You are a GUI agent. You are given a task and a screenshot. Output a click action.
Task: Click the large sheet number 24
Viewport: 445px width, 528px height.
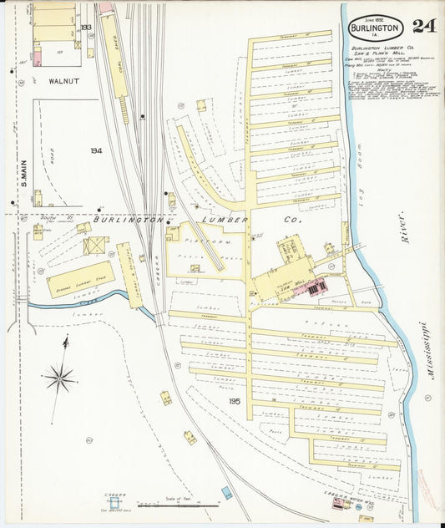(x=422, y=26)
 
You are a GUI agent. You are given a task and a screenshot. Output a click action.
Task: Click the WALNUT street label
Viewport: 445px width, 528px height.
(x=63, y=81)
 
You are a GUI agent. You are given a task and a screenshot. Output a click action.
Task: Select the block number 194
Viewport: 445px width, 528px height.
(x=97, y=151)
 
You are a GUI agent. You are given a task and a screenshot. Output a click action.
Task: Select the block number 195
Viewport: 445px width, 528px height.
(x=235, y=401)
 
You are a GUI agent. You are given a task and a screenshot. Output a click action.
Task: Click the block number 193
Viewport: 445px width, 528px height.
(x=87, y=28)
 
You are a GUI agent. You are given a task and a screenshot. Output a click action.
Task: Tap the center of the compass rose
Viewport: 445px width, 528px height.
(x=59, y=378)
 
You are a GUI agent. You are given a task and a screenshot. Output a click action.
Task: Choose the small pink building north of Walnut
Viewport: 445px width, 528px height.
(x=106, y=8)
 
